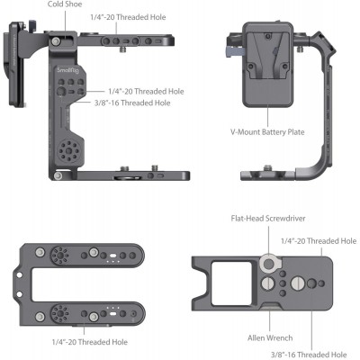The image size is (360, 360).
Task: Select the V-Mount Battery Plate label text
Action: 267,131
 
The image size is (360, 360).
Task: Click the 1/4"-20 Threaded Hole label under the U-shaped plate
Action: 89,341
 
